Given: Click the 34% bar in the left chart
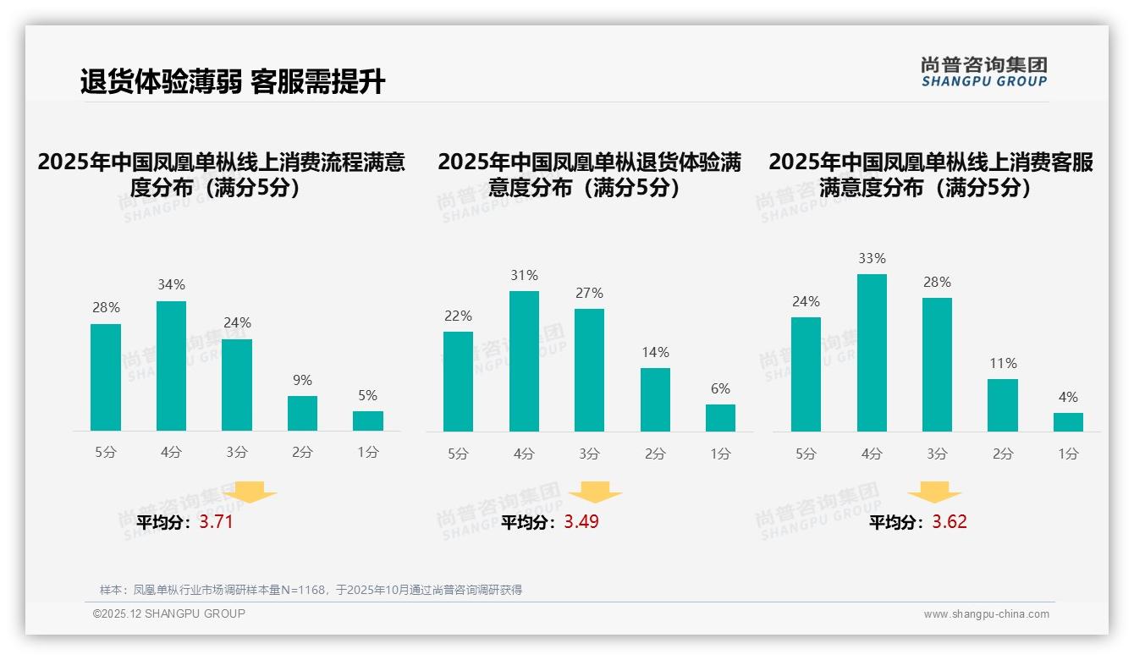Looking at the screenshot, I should pyautogui.click(x=171, y=366).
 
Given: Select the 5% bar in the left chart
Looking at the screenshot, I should pyautogui.click(x=368, y=421).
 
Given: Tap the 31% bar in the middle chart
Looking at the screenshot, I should pyautogui.click(x=524, y=361).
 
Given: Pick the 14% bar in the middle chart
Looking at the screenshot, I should pyautogui.click(x=655, y=399).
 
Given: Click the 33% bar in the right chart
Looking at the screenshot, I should pyautogui.click(x=872, y=353).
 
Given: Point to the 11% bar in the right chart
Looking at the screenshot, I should pyautogui.click(x=1003, y=405).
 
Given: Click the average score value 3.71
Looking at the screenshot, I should pyautogui.click(x=216, y=522).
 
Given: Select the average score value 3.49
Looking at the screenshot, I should pyautogui.click(x=581, y=522).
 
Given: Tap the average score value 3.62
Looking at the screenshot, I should pyautogui.click(x=950, y=522).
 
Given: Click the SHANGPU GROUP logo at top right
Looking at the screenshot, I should pyautogui.click(x=983, y=72).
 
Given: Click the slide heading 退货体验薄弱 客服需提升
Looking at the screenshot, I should pyautogui.click(x=233, y=82).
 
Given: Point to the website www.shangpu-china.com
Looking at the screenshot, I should pyautogui.click(x=986, y=614).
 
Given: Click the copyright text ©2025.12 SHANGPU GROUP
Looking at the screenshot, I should pyautogui.click(x=169, y=613).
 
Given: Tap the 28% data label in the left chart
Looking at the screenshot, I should pyautogui.click(x=106, y=308).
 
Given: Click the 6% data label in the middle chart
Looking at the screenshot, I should pyautogui.click(x=720, y=389).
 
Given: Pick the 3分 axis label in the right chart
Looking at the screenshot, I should pyautogui.click(x=937, y=454).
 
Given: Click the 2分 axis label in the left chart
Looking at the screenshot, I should pyautogui.click(x=302, y=453).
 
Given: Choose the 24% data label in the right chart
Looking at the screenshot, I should pyautogui.click(x=806, y=301).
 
